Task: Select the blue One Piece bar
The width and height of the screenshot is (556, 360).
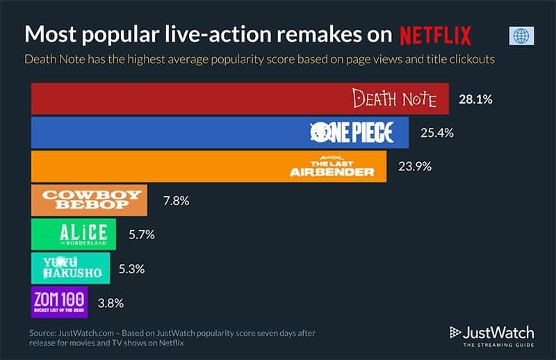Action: point(220,132)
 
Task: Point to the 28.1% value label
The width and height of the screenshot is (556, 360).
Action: point(475,99)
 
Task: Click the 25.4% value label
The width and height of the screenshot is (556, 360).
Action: point(436,133)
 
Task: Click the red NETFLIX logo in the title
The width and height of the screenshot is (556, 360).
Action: point(436,35)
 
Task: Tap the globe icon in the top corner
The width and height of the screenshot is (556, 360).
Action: point(521,36)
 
